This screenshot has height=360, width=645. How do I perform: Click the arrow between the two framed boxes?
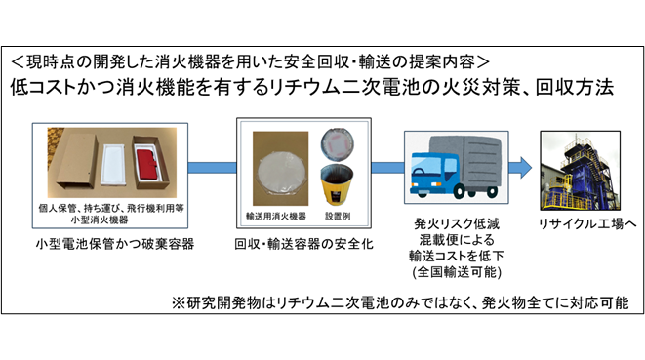click(x=210, y=172)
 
